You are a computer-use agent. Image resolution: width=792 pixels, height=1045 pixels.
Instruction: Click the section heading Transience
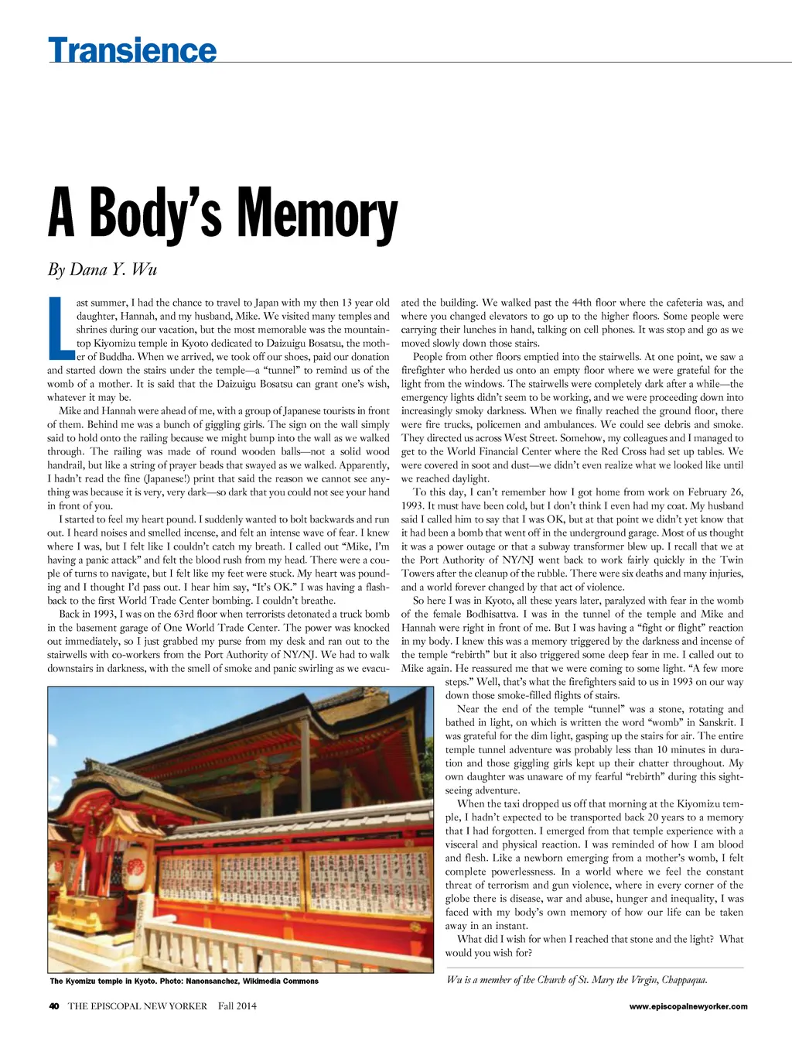click(x=132, y=50)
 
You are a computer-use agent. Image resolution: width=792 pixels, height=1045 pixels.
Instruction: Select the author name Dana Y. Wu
click(x=114, y=269)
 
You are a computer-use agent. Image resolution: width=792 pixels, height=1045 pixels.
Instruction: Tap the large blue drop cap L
click(x=58, y=329)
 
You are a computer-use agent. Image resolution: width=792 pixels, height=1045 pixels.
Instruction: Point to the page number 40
click(x=54, y=1006)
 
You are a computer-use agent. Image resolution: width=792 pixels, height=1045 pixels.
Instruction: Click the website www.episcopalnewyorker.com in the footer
click(x=688, y=1006)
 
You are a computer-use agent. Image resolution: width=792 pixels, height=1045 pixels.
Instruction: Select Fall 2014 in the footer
click(x=237, y=1006)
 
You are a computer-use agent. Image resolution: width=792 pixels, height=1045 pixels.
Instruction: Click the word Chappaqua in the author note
click(x=684, y=980)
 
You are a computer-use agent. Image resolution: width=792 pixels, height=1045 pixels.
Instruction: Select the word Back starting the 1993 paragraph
click(x=70, y=615)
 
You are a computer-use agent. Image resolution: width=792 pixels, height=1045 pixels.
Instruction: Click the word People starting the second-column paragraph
click(x=428, y=357)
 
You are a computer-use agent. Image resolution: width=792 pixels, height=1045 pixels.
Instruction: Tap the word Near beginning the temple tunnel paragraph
click(x=468, y=709)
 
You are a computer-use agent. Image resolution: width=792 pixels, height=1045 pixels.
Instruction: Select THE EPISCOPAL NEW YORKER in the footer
click(x=138, y=1006)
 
